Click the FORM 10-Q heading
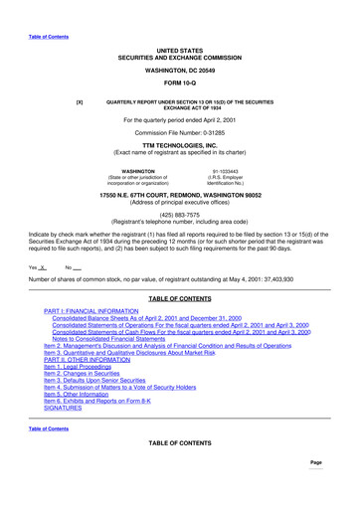coord(180,83)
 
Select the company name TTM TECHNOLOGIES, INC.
coord(180,144)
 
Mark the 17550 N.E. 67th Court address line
coord(180,196)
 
